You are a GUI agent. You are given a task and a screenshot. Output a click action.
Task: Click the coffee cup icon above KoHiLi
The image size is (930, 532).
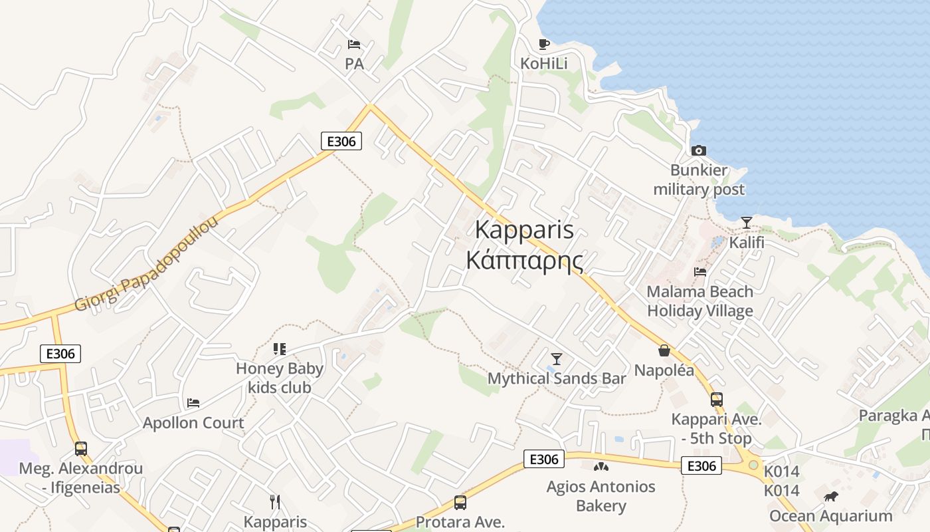pos(544,45)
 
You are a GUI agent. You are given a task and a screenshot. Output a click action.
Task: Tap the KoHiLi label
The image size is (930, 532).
pos(544,64)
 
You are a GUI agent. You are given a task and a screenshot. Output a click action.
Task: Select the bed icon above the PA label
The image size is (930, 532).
pos(354,45)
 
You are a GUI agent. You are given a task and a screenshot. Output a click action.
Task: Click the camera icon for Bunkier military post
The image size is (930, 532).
pos(698,151)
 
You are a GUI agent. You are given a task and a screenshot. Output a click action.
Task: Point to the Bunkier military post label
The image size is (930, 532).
pos(699,180)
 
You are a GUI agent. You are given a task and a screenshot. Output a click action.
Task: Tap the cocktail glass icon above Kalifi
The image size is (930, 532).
pos(747,223)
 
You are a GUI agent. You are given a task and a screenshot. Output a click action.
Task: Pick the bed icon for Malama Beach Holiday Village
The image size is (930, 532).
pos(699,271)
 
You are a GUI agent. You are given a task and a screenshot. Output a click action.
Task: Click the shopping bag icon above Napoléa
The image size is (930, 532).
pos(664,350)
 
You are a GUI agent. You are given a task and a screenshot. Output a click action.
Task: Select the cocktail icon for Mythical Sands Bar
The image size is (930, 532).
pos(557,359)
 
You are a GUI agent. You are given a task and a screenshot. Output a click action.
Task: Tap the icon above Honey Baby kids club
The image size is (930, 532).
pos(280,349)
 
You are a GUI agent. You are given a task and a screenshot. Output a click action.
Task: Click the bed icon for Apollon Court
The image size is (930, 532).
pos(193,403)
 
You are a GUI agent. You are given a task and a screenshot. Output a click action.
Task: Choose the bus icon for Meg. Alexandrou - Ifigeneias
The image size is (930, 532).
pos(81,449)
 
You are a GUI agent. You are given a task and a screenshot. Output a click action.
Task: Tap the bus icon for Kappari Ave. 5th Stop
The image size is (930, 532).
pos(716,400)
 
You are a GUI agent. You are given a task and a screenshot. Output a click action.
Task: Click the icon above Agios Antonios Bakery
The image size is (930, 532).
pos(601,467)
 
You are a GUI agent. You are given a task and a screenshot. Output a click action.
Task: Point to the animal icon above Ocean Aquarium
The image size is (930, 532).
pos(830,497)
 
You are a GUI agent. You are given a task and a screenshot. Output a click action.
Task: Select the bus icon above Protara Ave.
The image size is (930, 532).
pos(460,503)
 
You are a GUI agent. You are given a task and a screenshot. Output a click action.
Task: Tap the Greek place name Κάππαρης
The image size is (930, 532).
pos(524,260)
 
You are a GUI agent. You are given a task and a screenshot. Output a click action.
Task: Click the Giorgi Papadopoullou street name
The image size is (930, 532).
pos(146,264)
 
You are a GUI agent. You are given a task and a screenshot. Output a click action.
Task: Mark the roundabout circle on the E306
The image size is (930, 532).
pos(753,465)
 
